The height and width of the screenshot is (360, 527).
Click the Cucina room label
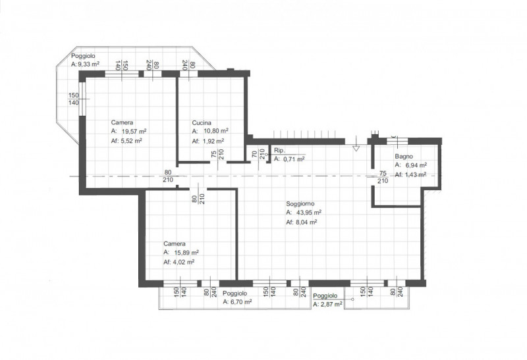click(202, 123)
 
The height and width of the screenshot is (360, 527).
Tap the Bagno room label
click(404, 157)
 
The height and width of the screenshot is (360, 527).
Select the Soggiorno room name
click(300, 204)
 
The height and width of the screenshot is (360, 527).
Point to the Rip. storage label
click(279, 150)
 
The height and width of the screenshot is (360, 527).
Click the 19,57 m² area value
click(134, 131)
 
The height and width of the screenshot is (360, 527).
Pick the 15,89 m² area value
click(186, 252)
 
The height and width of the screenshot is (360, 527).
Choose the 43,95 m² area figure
click(309, 212)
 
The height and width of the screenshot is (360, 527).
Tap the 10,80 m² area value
click(216, 131)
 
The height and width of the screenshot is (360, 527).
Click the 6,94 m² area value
click(416, 165)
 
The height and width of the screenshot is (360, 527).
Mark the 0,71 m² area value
click(294, 159)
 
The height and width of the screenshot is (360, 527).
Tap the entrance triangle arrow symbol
click(356, 148)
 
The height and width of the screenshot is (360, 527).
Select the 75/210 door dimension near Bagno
click(383, 177)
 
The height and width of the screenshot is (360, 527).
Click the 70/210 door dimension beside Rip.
click(258, 154)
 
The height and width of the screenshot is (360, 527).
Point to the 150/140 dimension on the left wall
click(74, 99)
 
